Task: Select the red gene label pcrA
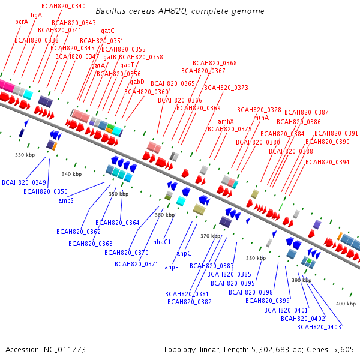tap(22, 22)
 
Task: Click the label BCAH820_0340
tap(64, 6)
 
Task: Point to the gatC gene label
tap(108, 31)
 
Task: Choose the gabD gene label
tap(137, 82)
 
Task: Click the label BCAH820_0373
tap(226, 88)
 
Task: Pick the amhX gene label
tap(226, 121)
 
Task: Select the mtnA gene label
tap(261, 118)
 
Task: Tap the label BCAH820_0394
tap(331, 162)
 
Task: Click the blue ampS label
tap(66, 200)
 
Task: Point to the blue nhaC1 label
tap(162, 242)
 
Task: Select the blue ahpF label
tap(172, 267)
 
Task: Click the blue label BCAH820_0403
tap(319, 327)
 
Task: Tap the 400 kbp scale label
tap(346, 304)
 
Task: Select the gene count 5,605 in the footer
tap(341, 349)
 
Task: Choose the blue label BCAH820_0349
tap(24, 182)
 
